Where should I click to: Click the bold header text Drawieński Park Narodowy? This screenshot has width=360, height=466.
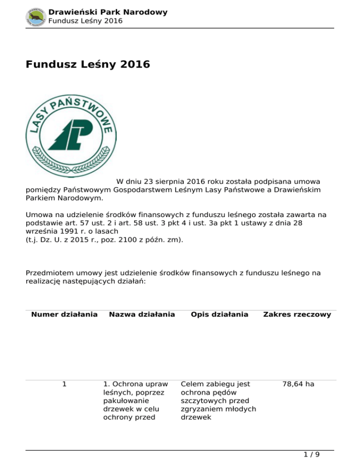[x=108, y=12]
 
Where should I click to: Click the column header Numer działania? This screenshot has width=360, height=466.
[x=64, y=314]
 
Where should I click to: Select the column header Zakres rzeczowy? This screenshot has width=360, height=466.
[x=297, y=314]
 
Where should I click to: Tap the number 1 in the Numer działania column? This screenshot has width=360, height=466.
[x=64, y=384]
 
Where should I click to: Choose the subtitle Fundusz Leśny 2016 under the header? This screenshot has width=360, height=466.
[x=85, y=21]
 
